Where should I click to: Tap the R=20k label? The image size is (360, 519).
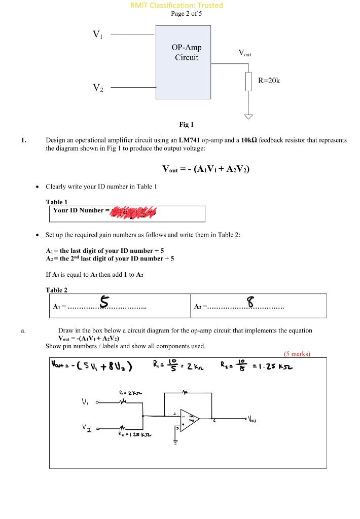click(269, 81)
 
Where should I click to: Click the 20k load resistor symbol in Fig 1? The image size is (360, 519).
click(248, 81)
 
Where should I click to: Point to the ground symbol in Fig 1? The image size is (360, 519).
click(248, 116)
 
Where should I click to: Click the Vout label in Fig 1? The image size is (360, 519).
click(244, 53)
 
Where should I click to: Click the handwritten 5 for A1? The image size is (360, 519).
click(104, 303)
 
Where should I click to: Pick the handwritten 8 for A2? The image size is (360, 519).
click(249, 303)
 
